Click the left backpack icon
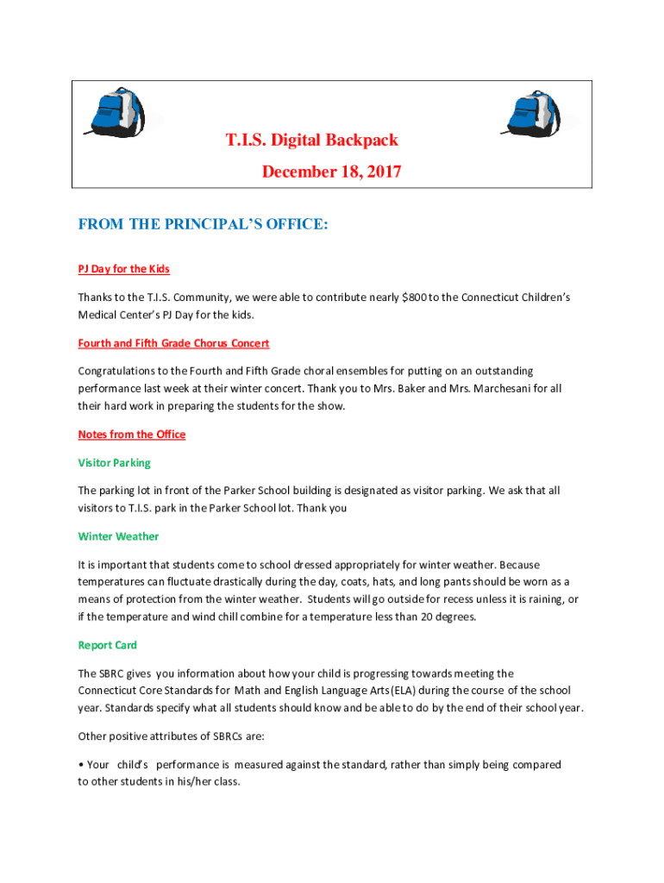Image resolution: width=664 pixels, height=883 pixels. [x=116, y=113]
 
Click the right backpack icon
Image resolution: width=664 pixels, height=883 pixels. [x=532, y=113]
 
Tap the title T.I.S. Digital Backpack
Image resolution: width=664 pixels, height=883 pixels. [x=312, y=140]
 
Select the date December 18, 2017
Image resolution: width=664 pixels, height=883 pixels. [x=332, y=172]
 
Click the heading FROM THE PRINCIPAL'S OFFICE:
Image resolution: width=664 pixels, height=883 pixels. [x=203, y=225]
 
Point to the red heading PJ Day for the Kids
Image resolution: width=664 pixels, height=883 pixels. [x=124, y=269]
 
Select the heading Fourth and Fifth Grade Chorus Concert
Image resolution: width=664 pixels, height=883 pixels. [x=173, y=343]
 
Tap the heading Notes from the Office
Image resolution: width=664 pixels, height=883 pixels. [x=132, y=435]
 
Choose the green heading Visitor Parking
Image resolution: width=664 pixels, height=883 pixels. [x=114, y=463]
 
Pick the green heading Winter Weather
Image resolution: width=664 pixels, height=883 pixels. [x=118, y=536]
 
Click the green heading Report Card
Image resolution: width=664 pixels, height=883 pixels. [x=107, y=645]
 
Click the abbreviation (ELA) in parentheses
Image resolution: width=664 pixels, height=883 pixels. [x=399, y=691]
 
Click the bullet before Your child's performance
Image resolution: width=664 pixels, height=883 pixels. [x=81, y=765]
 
